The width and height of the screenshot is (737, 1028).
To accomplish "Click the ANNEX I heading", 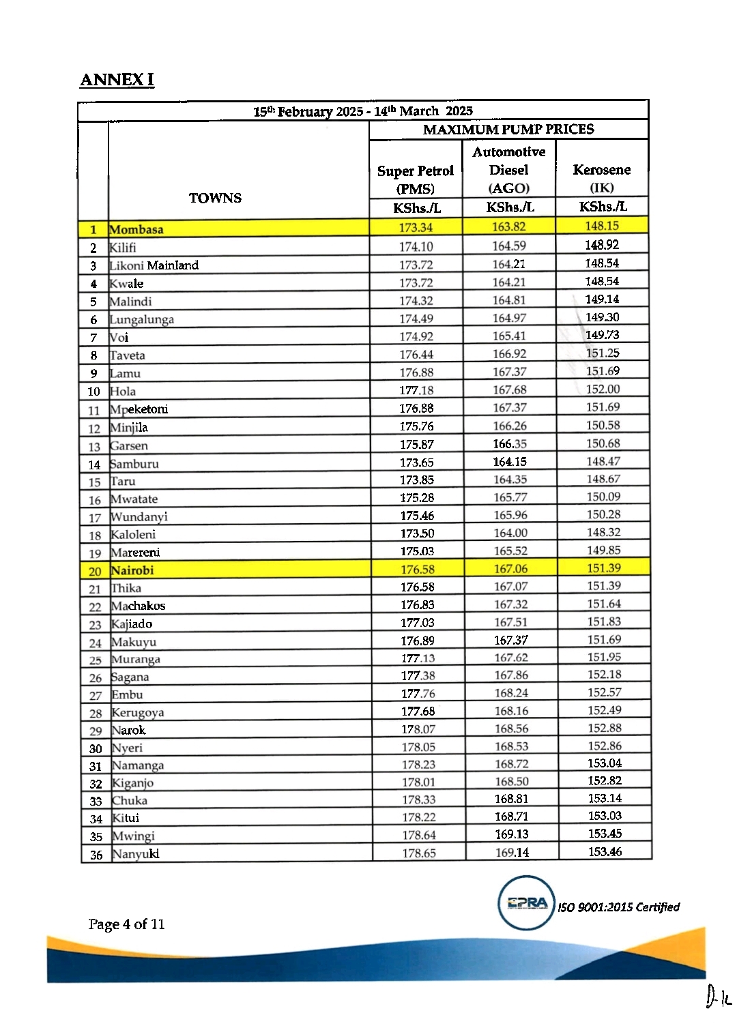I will point(117,80).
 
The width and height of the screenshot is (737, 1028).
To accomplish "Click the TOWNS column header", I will point(215,198).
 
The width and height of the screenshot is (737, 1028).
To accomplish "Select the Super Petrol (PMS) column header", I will point(416,179).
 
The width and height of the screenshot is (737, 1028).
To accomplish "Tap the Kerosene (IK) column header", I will point(602,178).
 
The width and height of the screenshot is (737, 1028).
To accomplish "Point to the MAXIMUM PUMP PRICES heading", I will point(508,130).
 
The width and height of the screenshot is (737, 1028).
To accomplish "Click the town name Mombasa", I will point(136,230).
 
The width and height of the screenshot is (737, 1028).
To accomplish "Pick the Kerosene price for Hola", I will point(603,389).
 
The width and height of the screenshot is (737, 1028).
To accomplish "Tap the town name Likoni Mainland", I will point(154,265).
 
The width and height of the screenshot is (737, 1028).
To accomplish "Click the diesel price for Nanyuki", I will point(512,852).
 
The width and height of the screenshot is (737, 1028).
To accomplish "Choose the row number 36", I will point(96,855).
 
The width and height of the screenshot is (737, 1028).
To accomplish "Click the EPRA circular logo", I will point(527,903).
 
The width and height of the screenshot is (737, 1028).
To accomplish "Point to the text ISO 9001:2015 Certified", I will point(619,907).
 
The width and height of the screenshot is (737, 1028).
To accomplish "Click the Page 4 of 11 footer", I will point(127,924).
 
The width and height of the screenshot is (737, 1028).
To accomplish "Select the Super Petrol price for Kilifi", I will point(416,247).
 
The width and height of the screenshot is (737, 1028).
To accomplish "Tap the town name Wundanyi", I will point(139,517).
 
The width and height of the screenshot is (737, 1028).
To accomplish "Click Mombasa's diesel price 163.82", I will point(509,227).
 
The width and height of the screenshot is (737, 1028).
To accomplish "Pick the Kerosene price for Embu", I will point(605,692).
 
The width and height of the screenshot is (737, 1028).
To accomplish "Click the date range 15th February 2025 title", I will point(363,111).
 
